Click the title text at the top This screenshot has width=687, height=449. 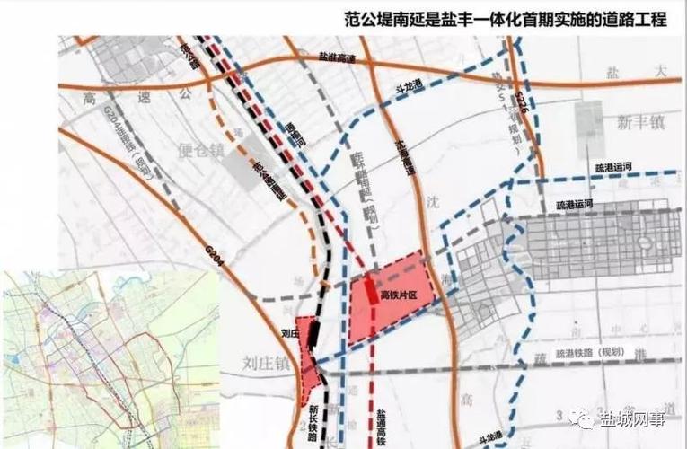506,19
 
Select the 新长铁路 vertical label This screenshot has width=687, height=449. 302,422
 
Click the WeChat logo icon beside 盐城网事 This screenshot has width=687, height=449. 585,418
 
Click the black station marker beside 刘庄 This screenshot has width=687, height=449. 312,333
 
